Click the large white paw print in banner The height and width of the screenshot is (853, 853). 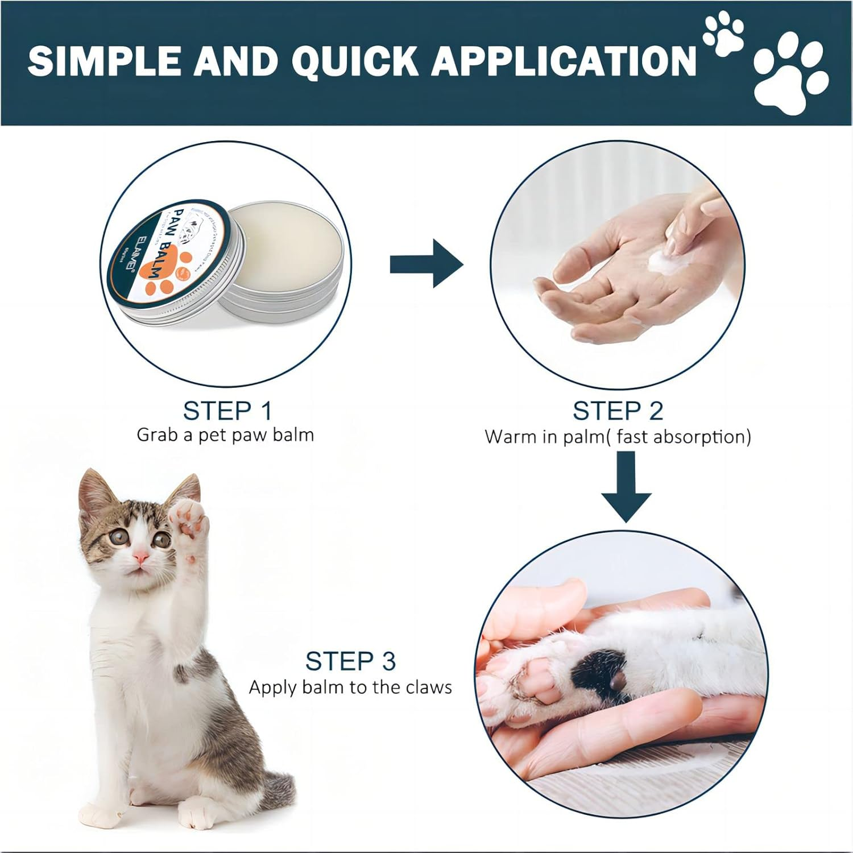pos(790,74)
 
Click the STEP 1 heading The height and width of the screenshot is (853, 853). pos(227,411)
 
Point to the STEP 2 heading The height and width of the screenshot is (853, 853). pos(618,411)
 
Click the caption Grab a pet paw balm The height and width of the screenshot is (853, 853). pos(225,435)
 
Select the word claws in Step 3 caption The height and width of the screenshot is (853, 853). pos(429,688)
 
